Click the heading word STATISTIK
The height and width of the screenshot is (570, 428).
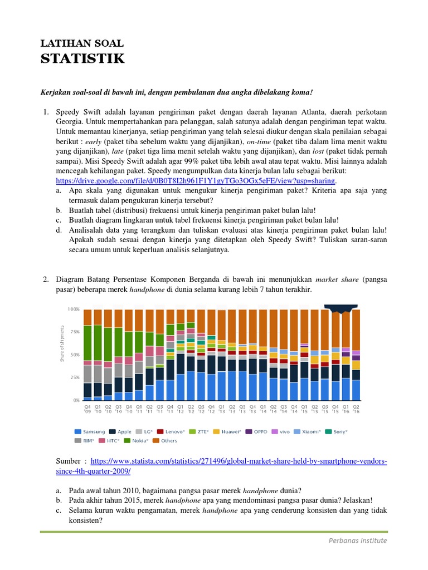[x=82, y=58]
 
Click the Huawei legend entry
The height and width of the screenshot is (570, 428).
[x=230, y=431]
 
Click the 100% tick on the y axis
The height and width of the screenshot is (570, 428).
[x=73, y=308]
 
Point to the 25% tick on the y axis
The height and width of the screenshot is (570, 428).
[x=75, y=377]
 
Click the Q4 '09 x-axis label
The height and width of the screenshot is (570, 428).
[x=87, y=409]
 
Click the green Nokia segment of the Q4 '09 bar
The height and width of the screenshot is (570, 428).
[x=87, y=343]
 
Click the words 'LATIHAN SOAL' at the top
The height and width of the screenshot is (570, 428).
[x=82, y=43]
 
